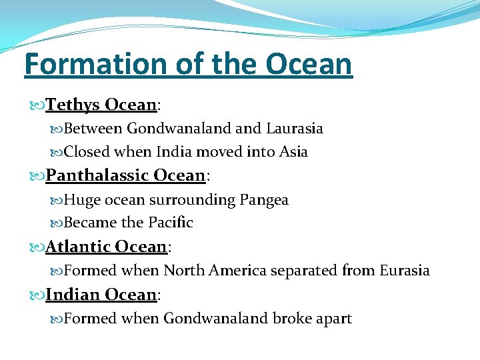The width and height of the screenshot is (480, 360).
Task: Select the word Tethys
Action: click(73, 105)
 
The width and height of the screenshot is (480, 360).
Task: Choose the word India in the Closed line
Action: click(174, 152)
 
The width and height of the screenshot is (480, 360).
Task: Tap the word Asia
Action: click(293, 152)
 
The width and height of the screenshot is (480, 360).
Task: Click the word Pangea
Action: click(263, 200)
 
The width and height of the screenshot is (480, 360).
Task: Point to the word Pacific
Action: click(167, 223)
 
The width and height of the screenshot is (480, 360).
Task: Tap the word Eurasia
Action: click(404, 271)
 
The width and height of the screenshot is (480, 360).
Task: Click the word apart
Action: click(332, 319)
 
